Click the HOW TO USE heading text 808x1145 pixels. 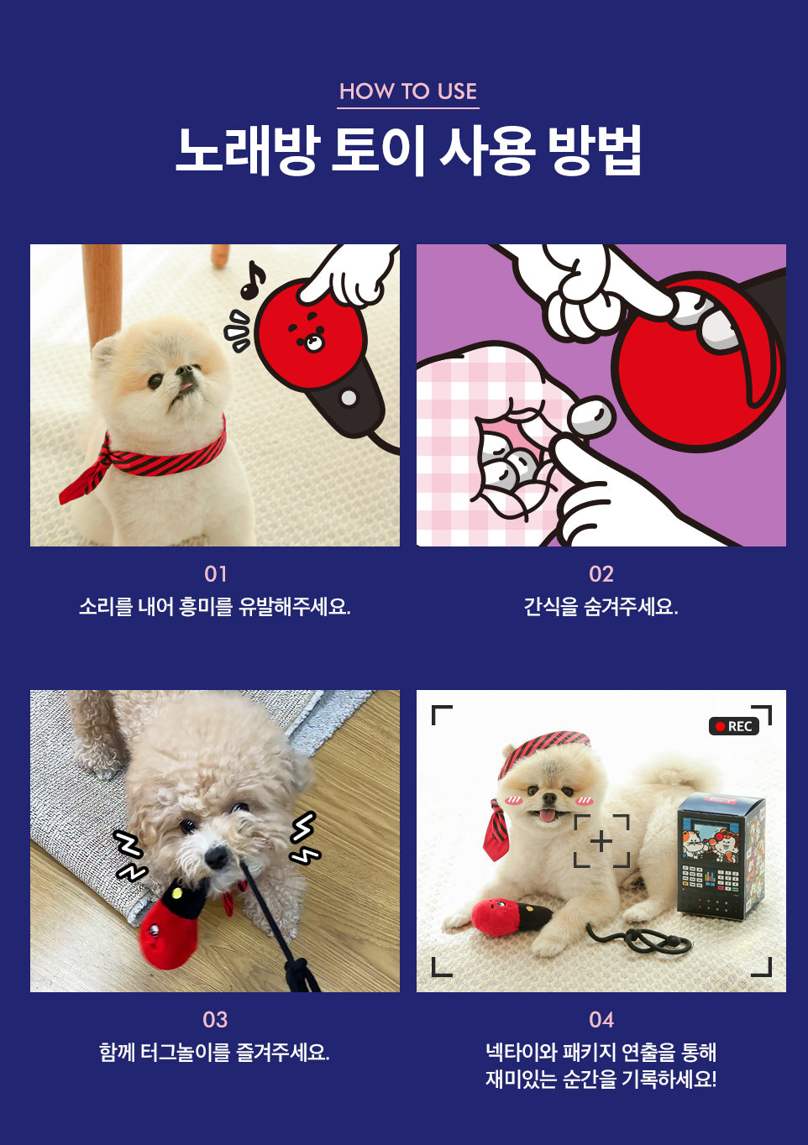coord(407,91)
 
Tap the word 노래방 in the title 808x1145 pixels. coord(248,151)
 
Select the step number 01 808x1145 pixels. coord(215,574)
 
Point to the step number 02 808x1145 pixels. coord(601,574)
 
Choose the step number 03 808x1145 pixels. coord(215,1020)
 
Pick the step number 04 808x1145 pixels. coord(601,1020)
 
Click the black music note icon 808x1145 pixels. coord(252,280)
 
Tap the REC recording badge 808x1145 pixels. coord(734,726)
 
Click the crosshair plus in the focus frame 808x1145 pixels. coord(601,841)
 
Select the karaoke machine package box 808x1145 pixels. coord(721,857)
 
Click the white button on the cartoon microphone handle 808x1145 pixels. coord(349,398)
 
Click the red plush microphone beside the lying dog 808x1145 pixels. coord(510,914)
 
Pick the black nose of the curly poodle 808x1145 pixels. coord(216,857)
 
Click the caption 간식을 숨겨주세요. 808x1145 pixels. coord(601,607)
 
